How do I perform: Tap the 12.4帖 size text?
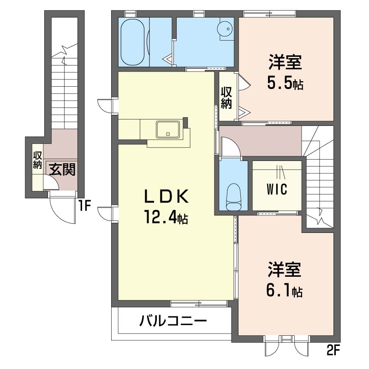click(x=166, y=217)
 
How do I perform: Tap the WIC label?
click(x=277, y=189)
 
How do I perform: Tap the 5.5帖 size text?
click(x=285, y=83)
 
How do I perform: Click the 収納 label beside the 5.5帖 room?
click(x=226, y=97)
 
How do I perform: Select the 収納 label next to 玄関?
click(x=37, y=160)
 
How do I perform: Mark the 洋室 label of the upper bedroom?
click(x=285, y=62)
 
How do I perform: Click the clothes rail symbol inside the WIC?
click(x=280, y=171)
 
